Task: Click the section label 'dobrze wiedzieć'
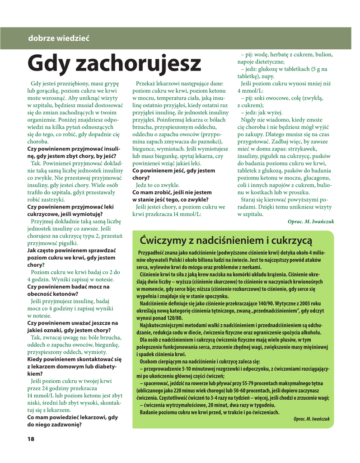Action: click(59, 38)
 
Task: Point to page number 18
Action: click(31, 439)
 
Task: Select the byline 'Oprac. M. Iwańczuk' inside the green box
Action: click(311, 419)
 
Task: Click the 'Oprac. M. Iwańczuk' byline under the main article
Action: click(310, 222)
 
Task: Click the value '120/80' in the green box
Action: click(173, 318)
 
